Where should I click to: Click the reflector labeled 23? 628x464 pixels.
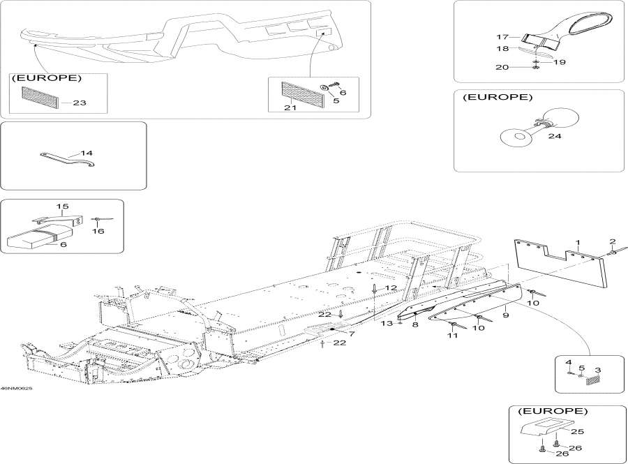click(39, 98)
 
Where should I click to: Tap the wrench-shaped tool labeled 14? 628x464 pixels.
click(66, 159)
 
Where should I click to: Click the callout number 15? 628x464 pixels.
click(63, 207)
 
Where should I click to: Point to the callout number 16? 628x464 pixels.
click(98, 231)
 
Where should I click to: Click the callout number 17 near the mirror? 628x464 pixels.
click(503, 37)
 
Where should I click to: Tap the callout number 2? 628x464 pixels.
click(613, 241)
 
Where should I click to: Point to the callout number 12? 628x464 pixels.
click(391, 287)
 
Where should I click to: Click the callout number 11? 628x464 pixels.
click(452, 336)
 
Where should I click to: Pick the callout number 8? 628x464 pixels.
click(414, 325)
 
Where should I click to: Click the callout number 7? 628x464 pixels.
click(352, 334)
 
